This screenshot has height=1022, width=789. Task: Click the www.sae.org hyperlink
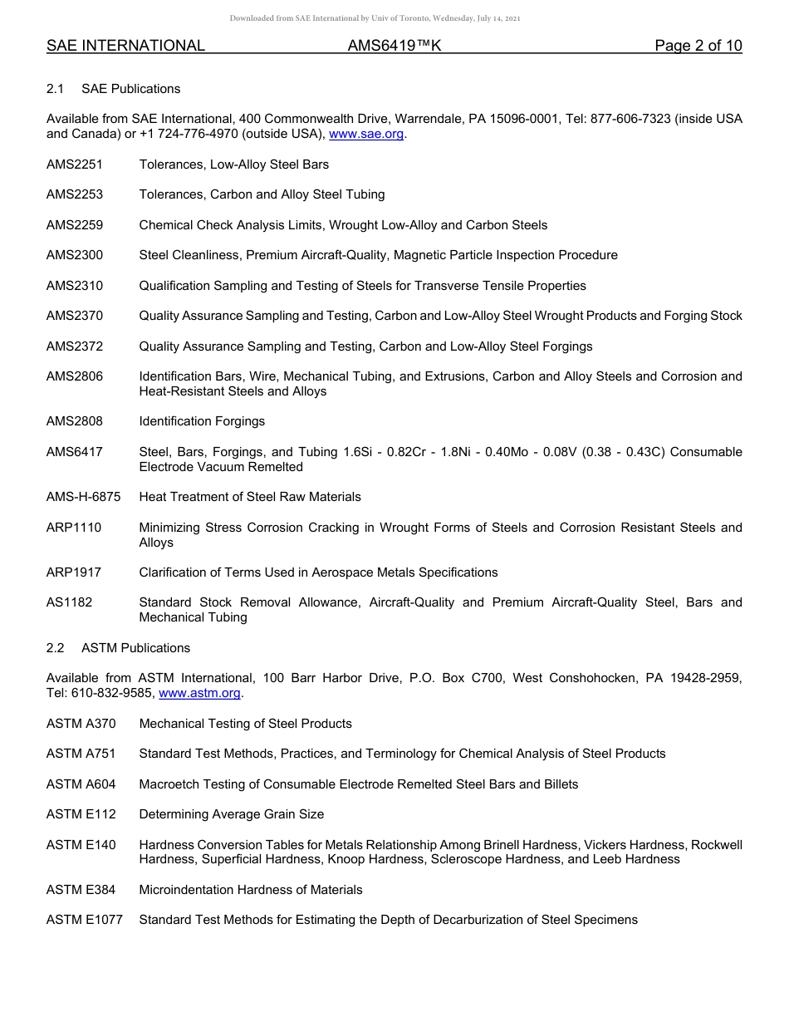(367, 135)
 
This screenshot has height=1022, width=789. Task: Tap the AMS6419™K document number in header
(394, 47)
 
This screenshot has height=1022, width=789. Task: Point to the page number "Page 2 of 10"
(698, 47)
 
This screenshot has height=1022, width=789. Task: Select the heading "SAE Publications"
(130, 89)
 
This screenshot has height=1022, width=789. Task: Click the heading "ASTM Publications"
(135, 648)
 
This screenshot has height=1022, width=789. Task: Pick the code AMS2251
(75, 165)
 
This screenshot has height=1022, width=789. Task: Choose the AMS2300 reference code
(75, 255)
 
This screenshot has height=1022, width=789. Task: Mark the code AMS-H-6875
(83, 497)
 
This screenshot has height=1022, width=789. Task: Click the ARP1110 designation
(74, 528)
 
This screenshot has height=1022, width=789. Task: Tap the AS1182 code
(70, 602)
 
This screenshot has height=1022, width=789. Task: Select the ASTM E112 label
(81, 814)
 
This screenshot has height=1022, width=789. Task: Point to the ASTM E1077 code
(85, 920)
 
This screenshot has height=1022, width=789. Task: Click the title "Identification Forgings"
(202, 421)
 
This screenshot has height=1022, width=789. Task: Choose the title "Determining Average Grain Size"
(232, 814)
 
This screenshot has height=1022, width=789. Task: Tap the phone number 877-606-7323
(631, 120)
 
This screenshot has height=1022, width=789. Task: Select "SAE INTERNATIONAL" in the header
(125, 47)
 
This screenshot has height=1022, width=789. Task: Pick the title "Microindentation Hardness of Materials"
(251, 890)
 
